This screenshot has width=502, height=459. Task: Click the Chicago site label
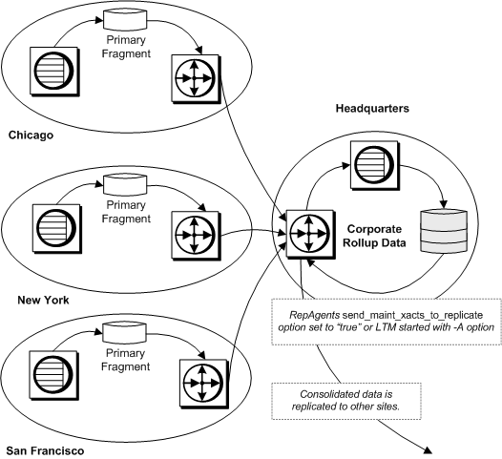pyautogui.click(x=30, y=135)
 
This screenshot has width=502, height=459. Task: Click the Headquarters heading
pyautogui.click(x=372, y=111)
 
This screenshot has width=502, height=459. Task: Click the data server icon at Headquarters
pyautogui.click(x=370, y=158)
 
